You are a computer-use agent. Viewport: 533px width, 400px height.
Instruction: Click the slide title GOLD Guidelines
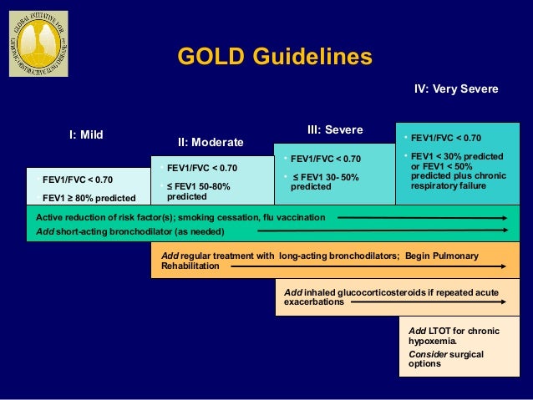(275, 57)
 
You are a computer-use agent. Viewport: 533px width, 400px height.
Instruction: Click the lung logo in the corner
(38, 44)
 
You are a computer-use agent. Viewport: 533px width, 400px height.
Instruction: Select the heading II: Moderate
(211, 143)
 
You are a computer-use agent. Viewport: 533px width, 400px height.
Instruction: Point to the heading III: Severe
(335, 129)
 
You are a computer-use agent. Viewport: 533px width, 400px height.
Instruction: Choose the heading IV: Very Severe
(456, 89)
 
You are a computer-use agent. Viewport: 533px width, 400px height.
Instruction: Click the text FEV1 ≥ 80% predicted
(89, 198)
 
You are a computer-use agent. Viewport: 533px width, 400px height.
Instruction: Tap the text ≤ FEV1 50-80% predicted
(198, 191)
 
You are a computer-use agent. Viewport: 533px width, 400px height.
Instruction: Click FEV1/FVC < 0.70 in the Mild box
(78, 179)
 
